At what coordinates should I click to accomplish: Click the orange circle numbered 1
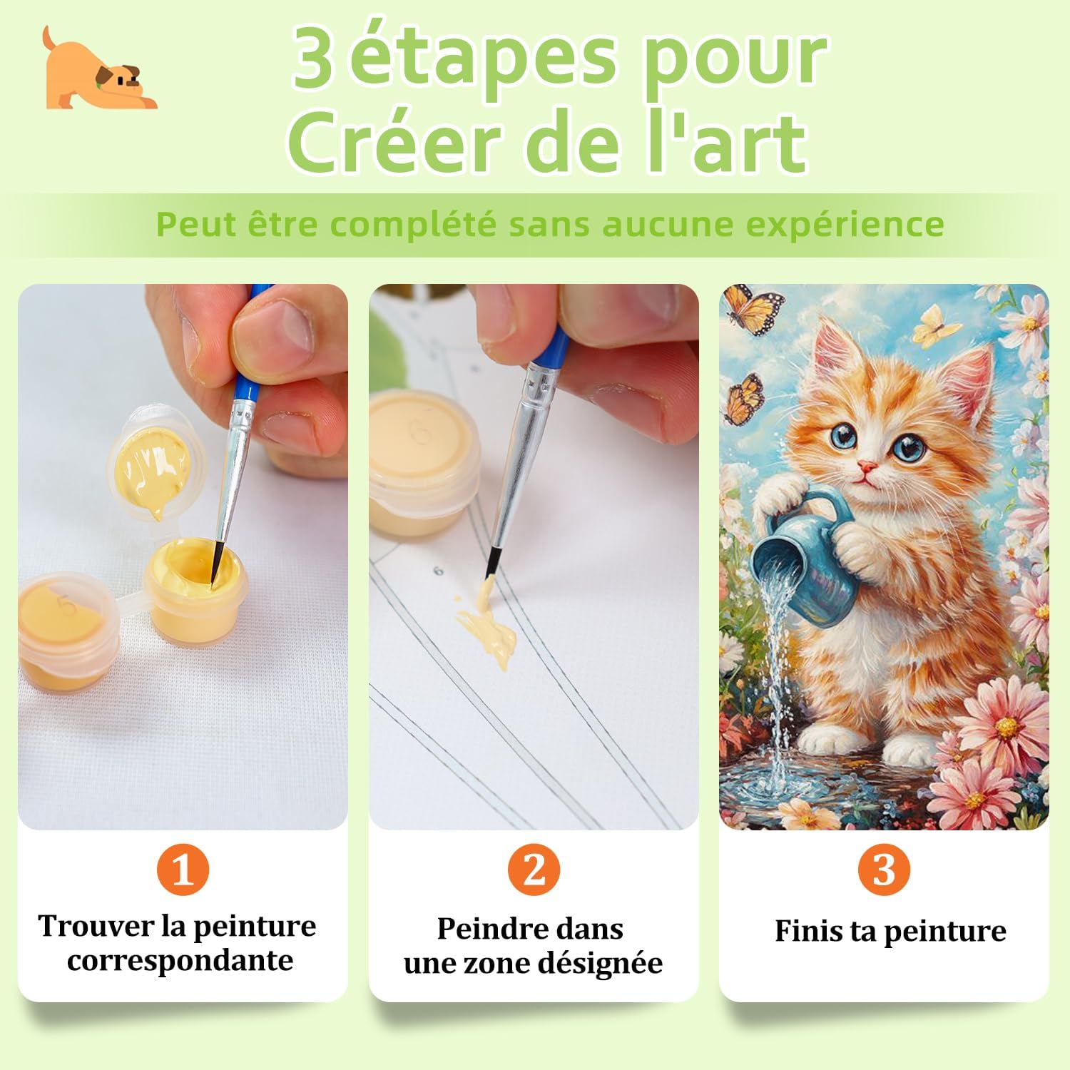point(183,870)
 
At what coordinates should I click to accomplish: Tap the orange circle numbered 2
point(534,870)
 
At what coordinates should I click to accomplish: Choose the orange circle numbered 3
point(884,870)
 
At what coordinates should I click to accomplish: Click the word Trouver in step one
point(96,926)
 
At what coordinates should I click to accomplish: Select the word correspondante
point(180,960)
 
